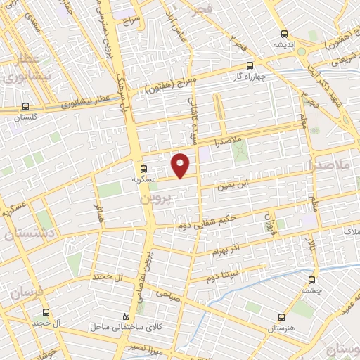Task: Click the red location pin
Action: (181, 165)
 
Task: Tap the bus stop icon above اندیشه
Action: (284, 33)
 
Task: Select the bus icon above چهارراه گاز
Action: (250, 66)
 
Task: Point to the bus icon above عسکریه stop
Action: (143, 169)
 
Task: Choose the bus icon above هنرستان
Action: (282, 318)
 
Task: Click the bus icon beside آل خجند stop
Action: (46, 311)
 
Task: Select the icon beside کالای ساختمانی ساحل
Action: (126, 317)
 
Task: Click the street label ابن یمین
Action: (252, 185)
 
